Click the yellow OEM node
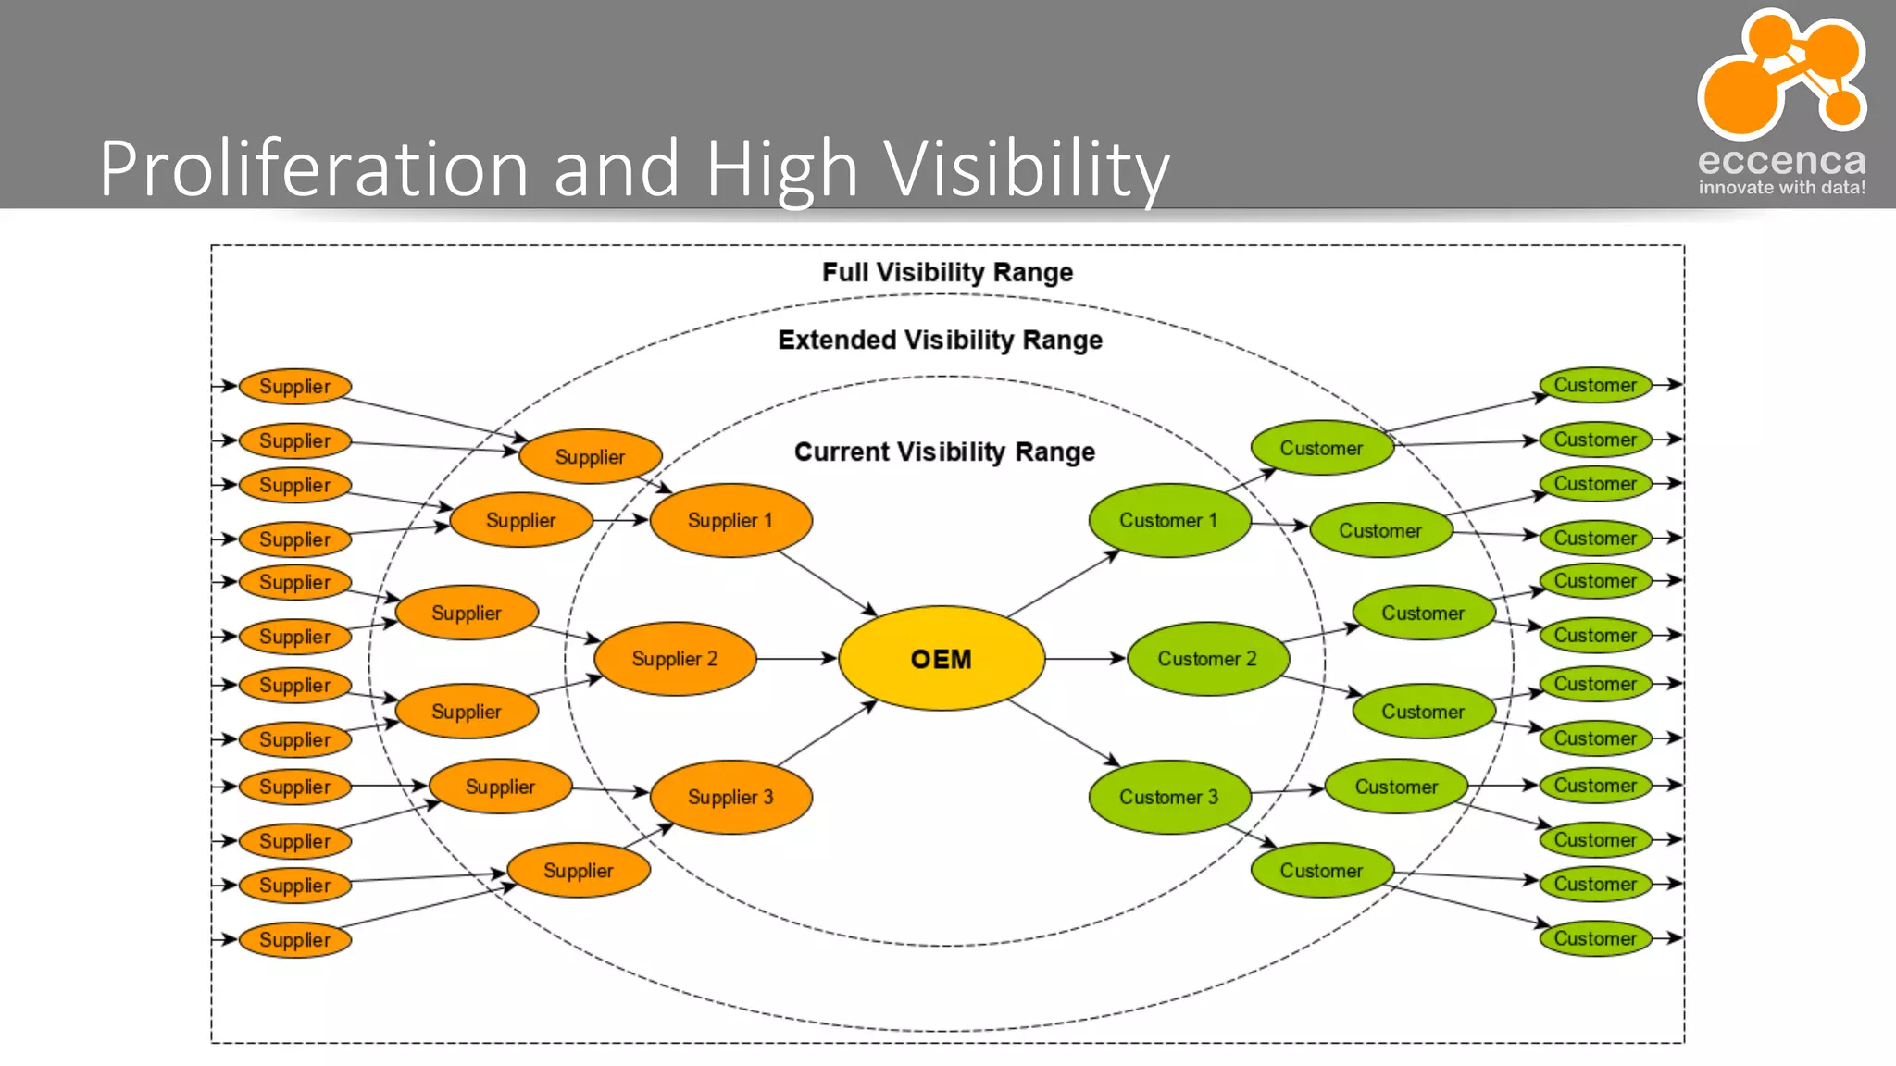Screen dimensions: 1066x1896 tap(942, 659)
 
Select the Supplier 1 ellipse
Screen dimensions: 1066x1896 tap(730, 520)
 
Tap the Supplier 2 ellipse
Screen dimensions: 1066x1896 tap(675, 659)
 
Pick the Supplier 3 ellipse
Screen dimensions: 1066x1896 tap(730, 797)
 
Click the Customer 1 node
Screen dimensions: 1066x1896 tap(1168, 520)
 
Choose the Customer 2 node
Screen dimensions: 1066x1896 tap(1206, 659)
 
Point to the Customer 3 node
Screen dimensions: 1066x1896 tap(1168, 797)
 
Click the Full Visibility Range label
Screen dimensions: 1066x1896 tap(947, 272)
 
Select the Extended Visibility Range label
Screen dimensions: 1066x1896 tap(940, 340)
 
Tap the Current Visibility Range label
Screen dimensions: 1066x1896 tap(944, 452)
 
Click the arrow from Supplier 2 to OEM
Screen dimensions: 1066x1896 tap(796, 659)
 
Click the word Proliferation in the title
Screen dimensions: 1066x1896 tap(313, 168)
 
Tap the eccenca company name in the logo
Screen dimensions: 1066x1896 tap(1781, 161)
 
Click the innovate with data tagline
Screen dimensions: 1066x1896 tap(1781, 188)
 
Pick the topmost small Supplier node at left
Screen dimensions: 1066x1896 tap(294, 386)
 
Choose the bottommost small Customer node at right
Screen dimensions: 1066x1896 tap(1595, 938)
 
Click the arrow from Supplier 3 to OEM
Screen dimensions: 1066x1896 tap(827, 734)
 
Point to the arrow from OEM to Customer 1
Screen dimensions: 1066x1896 tap(1063, 584)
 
